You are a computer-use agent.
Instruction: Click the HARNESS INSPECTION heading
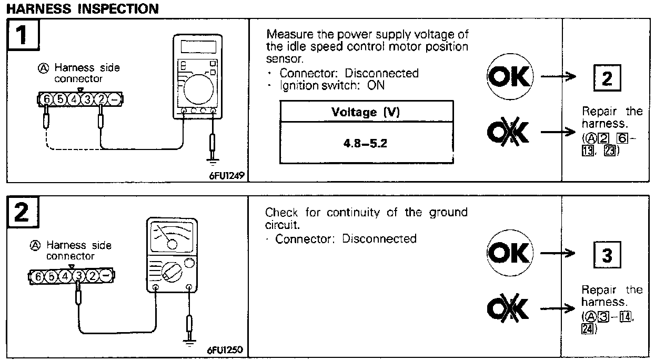pos(82,9)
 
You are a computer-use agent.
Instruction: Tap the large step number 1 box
pos(23,37)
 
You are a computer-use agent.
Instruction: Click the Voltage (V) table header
pos(366,112)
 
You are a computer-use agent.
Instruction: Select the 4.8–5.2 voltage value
pos(366,143)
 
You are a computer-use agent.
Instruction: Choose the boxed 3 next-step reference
pos(607,256)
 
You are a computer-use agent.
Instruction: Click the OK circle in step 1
pos(509,77)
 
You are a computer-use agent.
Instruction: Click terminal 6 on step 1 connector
pos(46,98)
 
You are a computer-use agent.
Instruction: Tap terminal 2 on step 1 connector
pos(101,98)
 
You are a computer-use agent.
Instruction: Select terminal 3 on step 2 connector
pos(79,276)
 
